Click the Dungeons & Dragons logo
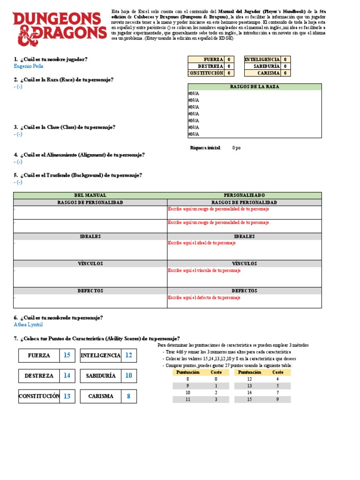[60, 29]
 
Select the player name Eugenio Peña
[29, 67]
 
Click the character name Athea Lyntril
[28, 324]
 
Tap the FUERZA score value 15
[67, 356]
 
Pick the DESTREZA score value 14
[67, 376]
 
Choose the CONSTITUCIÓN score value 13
[67, 397]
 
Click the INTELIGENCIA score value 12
[128, 356]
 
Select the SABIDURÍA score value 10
[128, 376]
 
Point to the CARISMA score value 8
[128, 397]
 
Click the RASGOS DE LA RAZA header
[255, 87]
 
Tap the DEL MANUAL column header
[90, 195]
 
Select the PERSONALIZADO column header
[244, 195]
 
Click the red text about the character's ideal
[202, 243]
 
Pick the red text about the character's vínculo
[204, 271]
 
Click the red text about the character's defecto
[204, 298]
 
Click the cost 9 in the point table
[278, 399]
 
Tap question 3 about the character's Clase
[64, 127]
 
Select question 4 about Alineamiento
[79, 155]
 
